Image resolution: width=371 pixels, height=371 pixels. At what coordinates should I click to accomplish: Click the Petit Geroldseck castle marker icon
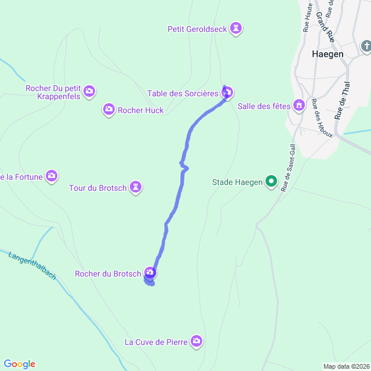pos(236,28)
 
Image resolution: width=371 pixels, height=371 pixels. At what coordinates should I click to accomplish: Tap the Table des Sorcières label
pos(183,93)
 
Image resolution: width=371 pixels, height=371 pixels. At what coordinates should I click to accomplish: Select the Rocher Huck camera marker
pos(109,110)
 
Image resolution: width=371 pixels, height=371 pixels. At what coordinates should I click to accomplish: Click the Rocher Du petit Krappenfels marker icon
pos(89,91)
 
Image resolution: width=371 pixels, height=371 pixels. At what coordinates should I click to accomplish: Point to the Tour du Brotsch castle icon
pos(136,187)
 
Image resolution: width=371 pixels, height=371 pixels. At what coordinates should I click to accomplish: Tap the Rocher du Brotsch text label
pos(108,274)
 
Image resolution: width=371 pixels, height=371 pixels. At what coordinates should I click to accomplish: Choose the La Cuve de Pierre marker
pos(197,341)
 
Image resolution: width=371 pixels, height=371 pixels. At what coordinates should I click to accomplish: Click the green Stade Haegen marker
pos(271,182)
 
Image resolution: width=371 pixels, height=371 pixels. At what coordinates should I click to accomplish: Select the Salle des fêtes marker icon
pos(299,105)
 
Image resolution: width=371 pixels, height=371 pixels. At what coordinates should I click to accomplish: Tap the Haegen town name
pos(328,53)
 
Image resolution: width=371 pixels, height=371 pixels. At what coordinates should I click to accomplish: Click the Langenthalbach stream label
pos(32,265)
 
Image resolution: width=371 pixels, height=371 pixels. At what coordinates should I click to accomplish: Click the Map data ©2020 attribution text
pos(345,366)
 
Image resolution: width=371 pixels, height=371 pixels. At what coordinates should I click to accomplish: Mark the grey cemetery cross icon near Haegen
pos(366,45)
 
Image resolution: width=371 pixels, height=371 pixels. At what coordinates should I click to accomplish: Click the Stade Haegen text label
pos(237,183)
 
